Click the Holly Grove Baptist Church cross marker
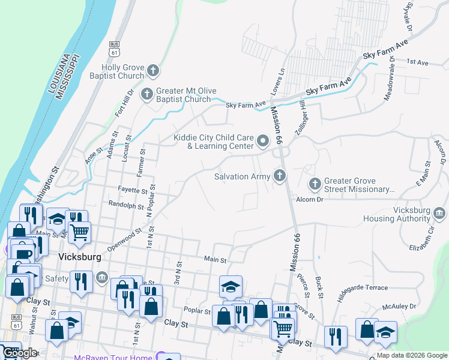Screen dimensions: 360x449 coord(153,71)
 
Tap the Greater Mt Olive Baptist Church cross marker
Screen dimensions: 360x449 coord(146,94)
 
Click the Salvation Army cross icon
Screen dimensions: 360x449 coord(279,176)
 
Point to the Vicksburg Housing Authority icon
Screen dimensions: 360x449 coord(439,213)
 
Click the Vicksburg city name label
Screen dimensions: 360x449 coord(79,256)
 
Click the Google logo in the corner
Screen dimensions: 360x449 coord(19,353)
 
